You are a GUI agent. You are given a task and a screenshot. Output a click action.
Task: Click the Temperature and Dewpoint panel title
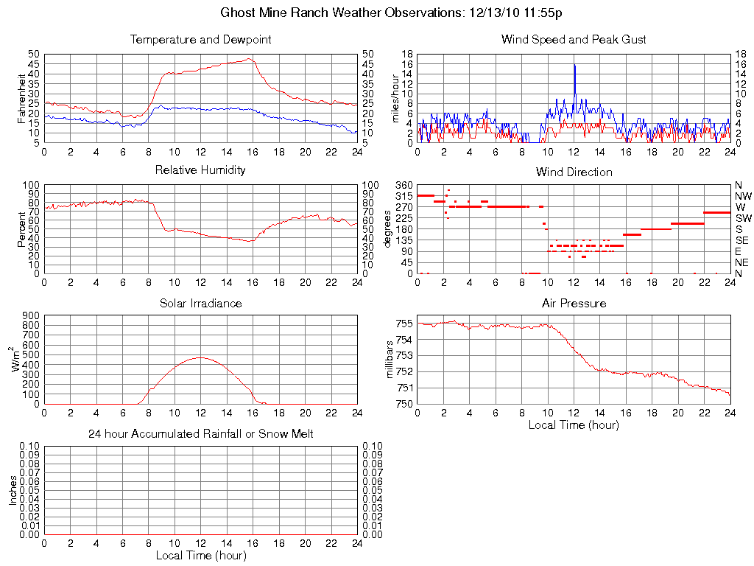pyautogui.click(x=200, y=39)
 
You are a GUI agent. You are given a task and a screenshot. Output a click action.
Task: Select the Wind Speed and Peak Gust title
pyautogui.click(x=574, y=39)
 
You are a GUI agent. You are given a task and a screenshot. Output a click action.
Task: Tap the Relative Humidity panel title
pyautogui.click(x=200, y=170)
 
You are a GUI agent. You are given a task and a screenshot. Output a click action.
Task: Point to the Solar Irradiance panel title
pyautogui.click(x=200, y=303)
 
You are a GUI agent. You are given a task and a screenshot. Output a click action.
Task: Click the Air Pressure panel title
pyautogui.click(x=574, y=303)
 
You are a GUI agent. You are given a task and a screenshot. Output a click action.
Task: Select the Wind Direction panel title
pyautogui.click(x=574, y=172)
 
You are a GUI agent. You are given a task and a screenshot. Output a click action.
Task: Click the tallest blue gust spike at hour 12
pyautogui.click(x=574, y=66)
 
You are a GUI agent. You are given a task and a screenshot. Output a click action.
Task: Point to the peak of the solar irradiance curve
pyautogui.click(x=200, y=357)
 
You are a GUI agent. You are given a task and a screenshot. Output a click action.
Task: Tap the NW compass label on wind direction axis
pyautogui.click(x=743, y=196)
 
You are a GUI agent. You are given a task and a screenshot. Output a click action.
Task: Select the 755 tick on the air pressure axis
pyautogui.click(x=404, y=324)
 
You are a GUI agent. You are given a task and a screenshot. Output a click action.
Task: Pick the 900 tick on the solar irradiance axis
pyautogui.click(x=30, y=315)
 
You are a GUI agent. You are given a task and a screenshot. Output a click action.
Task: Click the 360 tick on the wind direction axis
pyautogui.click(x=404, y=184)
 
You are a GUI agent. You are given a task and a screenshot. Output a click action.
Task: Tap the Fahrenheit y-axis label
pyautogui.click(x=21, y=97)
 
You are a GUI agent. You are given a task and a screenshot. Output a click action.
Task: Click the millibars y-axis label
pyautogui.click(x=390, y=360)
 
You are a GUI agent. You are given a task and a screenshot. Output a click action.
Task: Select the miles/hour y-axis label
pyautogui.click(x=395, y=98)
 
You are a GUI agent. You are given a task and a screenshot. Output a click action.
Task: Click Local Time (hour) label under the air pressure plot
pyautogui.click(x=574, y=424)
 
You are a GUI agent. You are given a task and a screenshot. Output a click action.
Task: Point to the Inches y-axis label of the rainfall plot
pyautogui.click(x=13, y=490)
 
